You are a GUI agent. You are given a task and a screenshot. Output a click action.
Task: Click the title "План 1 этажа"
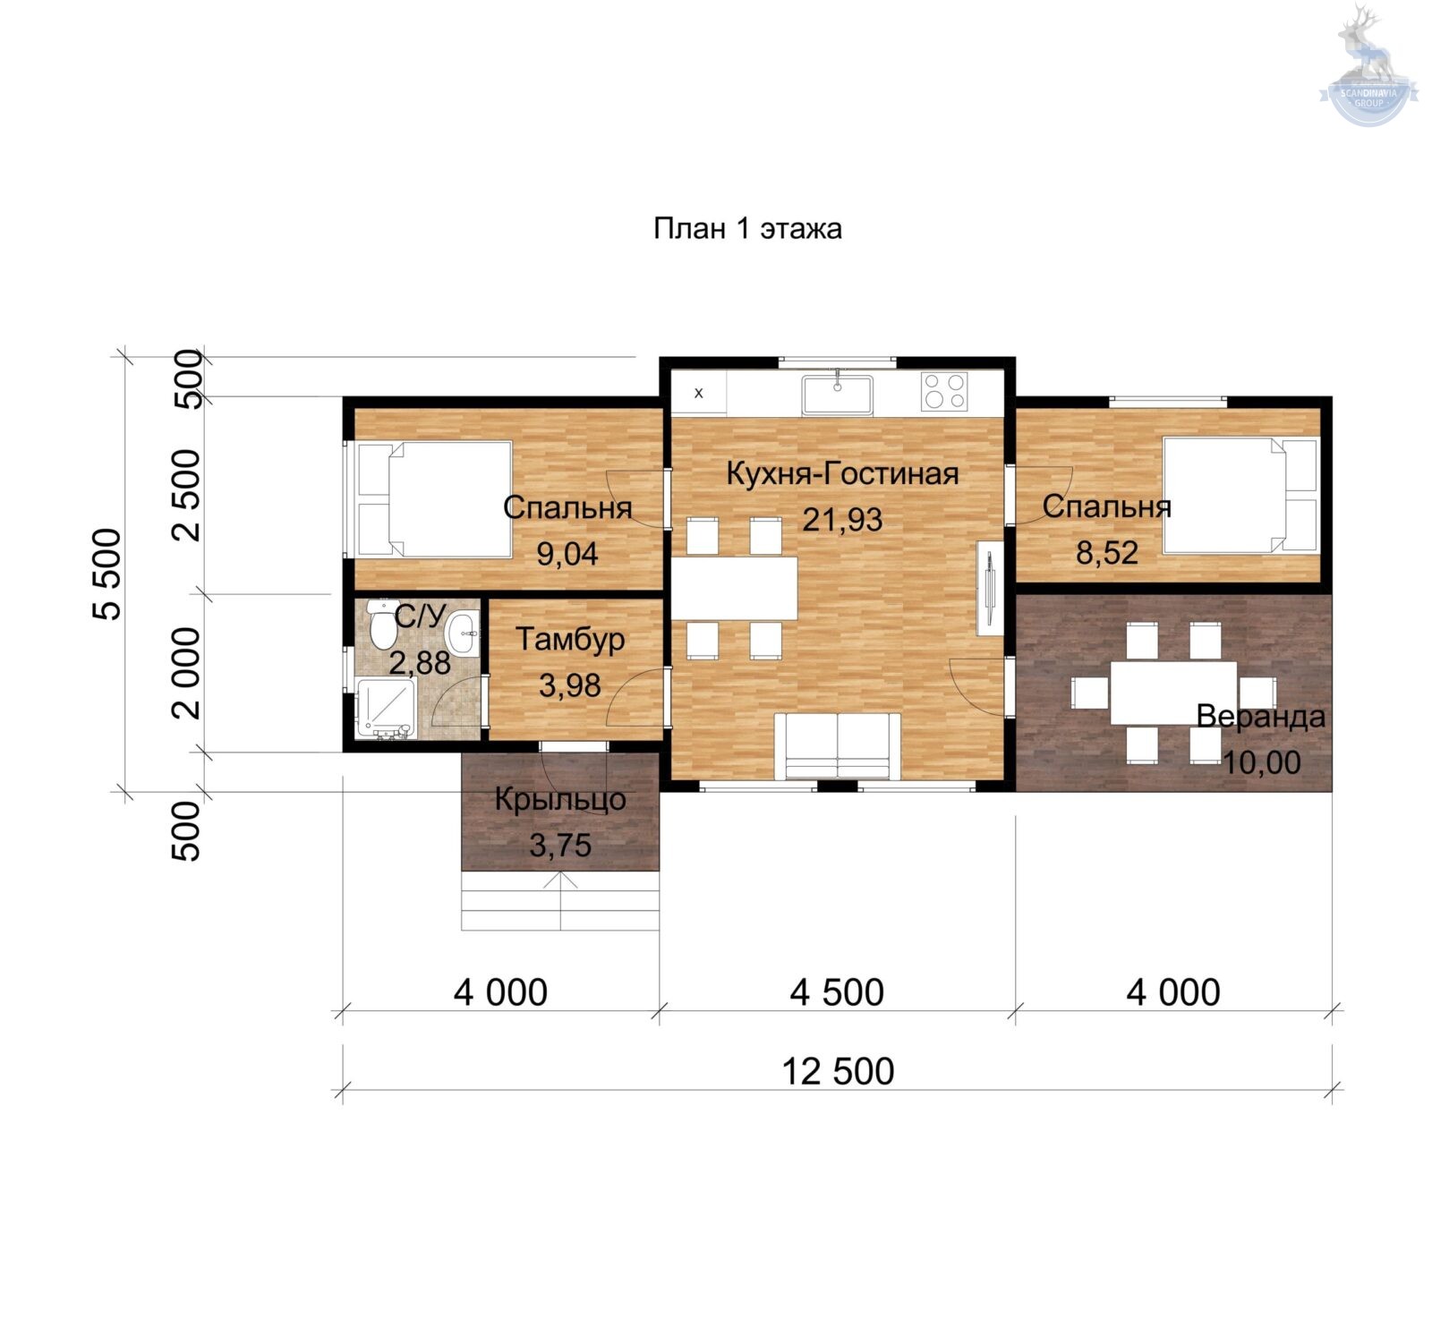tap(747, 229)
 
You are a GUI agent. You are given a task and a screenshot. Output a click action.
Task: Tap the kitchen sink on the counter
tap(837, 395)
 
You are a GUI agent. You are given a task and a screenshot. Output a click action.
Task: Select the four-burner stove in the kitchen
tap(943, 391)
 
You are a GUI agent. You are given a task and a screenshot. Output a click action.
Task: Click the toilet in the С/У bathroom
tap(383, 625)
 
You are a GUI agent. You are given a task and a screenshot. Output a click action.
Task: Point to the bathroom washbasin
tap(463, 633)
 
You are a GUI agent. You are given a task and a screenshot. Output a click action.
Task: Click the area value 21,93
tap(842, 520)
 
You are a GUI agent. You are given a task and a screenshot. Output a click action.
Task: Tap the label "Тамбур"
tap(570, 640)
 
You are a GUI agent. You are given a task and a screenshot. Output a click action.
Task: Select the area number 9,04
tap(567, 555)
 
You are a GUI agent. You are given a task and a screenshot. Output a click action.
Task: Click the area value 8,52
tap(1107, 553)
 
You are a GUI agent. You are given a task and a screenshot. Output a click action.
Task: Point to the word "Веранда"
tap(1260, 717)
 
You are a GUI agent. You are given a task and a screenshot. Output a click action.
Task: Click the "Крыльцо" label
tap(560, 799)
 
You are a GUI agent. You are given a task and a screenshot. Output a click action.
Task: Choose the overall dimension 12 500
tap(838, 1071)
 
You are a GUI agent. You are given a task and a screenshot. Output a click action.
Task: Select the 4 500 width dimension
tap(837, 992)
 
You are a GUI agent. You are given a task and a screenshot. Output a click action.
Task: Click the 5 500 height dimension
tap(107, 574)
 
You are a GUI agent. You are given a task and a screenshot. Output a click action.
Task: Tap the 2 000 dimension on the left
tap(187, 673)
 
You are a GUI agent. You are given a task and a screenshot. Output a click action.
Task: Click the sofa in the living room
tap(838, 745)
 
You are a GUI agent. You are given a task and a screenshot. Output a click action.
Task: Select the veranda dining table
tap(1173, 693)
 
